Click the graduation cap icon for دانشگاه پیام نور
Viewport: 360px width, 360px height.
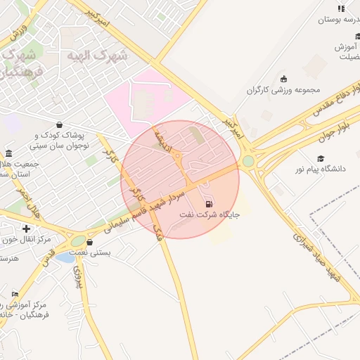tap(321, 159)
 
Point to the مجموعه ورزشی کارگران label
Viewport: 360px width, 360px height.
tap(283, 90)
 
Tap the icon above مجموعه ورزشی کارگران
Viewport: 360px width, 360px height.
tap(283, 79)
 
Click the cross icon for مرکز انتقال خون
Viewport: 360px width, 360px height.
tap(26, 229)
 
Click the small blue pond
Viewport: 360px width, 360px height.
tap(65, 257)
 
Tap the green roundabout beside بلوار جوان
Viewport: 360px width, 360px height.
tap(248, 162)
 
